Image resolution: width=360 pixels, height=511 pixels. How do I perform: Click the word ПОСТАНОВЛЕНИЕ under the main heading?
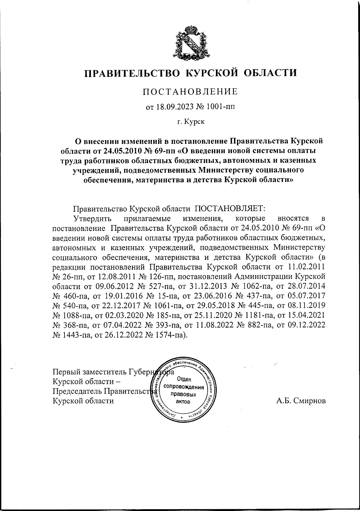pyautogui.click(x=190, y=91)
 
